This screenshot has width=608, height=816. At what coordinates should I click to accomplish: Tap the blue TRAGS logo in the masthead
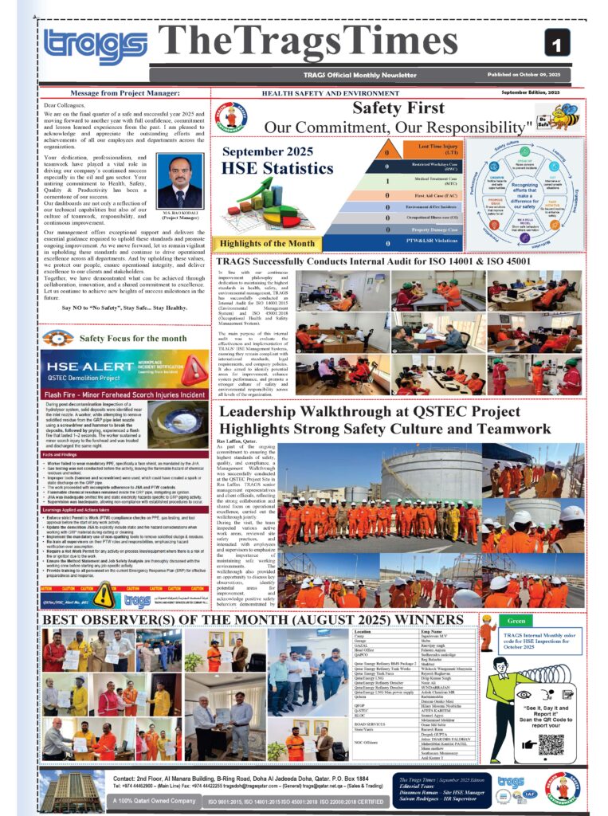coord(96,46)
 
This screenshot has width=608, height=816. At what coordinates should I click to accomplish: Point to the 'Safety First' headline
coord(398,108)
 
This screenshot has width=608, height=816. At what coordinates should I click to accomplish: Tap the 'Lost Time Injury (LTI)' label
coord(433,149)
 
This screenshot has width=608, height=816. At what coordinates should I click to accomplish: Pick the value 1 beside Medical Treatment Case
coord(387,181)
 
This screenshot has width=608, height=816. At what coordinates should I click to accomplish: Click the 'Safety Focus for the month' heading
coord(133,338)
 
